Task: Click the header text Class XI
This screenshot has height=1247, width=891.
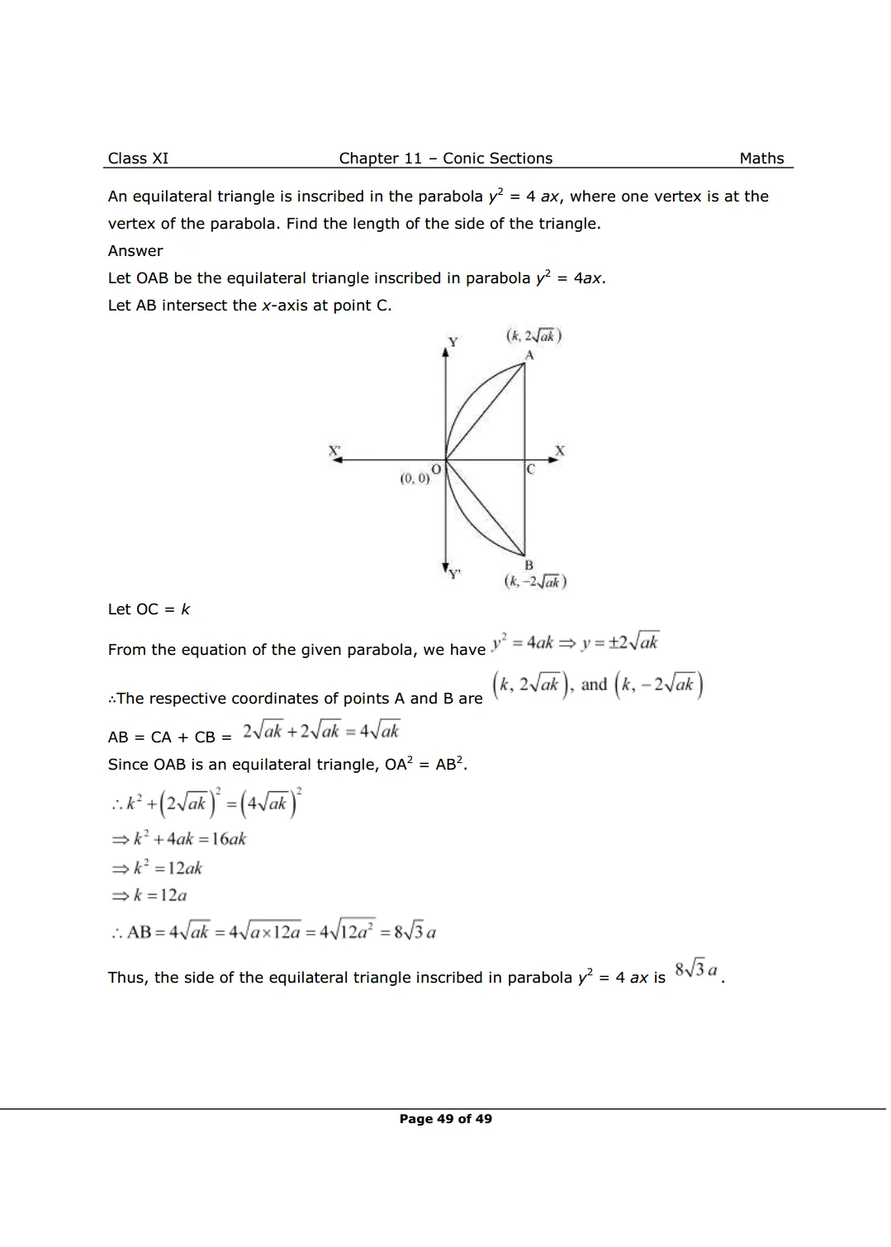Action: click(x=138, y=159)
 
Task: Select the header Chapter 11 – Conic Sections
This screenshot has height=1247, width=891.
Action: click(x=445, y=159)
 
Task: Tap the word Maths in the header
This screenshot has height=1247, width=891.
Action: click(x=761, y=159)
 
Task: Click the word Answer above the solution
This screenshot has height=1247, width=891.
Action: click(x=135, y=251)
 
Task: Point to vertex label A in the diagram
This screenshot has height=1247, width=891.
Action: click(x=529, y=355)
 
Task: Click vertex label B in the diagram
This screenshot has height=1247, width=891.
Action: click(x=529, y=566)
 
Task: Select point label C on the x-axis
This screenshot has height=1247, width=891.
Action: click(x=531, y=469)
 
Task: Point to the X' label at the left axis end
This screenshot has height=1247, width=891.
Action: click(x=334, y=451)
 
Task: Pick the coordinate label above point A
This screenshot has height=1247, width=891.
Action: click(x=533, y=336)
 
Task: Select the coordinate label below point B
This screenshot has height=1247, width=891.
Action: click(x=535, y=581)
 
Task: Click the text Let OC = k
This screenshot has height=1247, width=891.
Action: click(x=149, y=609)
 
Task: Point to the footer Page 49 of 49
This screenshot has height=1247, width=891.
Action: click(x=445, y=1119)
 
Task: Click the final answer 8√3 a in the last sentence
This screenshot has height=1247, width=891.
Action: click(x=696, y=970)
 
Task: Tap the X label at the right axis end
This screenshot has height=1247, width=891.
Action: click(x=560, y=451)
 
